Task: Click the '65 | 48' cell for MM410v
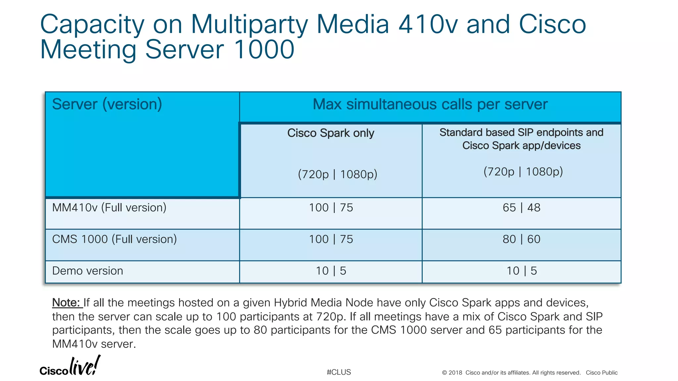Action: click(521, 208)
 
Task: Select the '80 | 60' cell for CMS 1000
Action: click(521, 239)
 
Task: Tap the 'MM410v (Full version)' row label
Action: click(109, 208)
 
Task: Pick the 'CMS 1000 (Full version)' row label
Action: click(115, 239)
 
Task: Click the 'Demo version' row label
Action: click(88, 271)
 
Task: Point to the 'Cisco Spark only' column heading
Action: click(331, 133)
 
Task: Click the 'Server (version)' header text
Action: click(107, 104)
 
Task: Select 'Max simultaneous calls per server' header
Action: click(430, 105)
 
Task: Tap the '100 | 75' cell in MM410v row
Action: click(331, 208)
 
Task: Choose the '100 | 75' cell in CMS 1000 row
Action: click(331, 239)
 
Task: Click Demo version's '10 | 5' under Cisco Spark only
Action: click(331, 271)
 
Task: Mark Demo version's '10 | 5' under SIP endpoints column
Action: click(522, 271)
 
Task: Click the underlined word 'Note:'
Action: click(66, 303)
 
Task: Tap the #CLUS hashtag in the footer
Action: click(339, 372)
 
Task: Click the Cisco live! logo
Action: click(70, 366)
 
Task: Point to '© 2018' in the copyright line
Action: click(452, 373)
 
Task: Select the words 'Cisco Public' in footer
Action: click(602, 373)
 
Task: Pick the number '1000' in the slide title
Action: click(264, 50)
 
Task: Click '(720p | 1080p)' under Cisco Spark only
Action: click(337, 174)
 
